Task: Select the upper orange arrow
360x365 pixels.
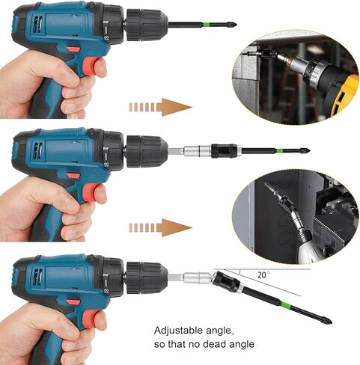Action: coord(160,107)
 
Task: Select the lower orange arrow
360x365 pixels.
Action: coord(160,227)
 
